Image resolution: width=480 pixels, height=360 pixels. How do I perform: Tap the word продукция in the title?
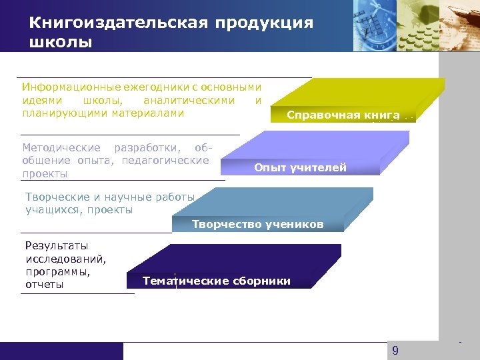coord(264,23)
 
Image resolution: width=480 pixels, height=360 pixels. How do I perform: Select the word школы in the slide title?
coord(61,43)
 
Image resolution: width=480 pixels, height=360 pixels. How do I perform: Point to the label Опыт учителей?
coord(300,167)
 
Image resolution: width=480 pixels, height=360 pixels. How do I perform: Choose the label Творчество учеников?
coord(257,224)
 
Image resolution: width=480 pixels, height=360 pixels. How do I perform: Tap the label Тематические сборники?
coord(217,281)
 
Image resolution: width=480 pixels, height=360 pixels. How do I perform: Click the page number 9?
coord(395,351)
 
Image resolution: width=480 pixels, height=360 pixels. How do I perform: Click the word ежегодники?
coord(138,87)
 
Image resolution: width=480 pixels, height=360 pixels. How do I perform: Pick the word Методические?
coord(61,147)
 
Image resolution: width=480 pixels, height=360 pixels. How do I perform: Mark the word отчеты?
coord(45,285)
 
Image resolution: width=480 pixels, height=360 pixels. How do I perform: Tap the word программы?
coord(57,271)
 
